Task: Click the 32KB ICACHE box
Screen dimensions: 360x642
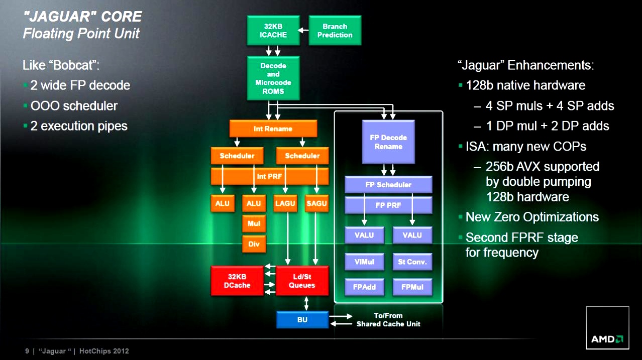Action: point(273,31)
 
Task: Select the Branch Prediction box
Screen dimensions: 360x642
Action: point(335,31)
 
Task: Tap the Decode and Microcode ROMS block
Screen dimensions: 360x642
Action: point(273,78)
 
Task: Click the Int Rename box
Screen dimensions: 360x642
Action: point(273,129)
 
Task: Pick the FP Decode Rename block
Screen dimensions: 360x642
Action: point(388,142)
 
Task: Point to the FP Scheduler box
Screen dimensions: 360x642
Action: point(388,185)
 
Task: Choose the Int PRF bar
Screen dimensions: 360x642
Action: point(269,176)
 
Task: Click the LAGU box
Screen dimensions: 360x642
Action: point(286,203)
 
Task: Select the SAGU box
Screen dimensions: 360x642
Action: point(316,203)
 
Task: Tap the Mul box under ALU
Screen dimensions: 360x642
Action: point(254,224)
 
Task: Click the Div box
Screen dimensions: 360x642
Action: point(254,245)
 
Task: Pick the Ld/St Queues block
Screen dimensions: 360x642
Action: point(302,281)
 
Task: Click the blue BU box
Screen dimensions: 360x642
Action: point(302,320)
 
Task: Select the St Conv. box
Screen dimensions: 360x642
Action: point(412,262)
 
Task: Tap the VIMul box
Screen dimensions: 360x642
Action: point(364,262)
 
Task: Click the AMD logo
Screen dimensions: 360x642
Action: point(607,339)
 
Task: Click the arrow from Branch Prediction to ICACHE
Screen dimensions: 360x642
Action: point(303,31)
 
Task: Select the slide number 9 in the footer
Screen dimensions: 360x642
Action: point(27,351)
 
